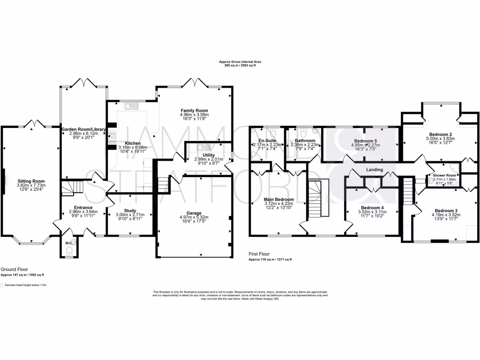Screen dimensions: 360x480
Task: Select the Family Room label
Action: click(x=194, y=110)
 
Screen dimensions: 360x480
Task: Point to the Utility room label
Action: click(x=209, y=155)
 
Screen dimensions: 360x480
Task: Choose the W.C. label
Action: click(x=68, y=243)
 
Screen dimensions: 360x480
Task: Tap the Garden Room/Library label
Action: click(x=84, y=129)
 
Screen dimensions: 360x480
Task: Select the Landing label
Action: click(x=375, y=170)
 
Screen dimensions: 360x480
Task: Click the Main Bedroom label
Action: click(x=279, y=199)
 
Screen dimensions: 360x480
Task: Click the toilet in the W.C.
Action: click(x=68, y=253)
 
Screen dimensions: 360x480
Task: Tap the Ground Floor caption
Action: click(x=14, y=270)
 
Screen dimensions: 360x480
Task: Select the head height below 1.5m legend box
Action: click(x=2, y=285)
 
